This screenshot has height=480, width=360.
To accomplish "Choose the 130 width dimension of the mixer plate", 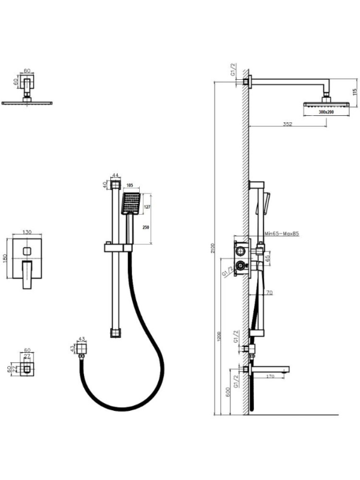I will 26,232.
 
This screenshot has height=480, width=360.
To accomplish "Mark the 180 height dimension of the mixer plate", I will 5,258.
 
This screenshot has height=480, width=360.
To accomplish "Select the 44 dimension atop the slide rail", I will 116,175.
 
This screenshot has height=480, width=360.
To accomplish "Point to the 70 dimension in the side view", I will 269,292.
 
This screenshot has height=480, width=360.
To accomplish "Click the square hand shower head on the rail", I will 131,203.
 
